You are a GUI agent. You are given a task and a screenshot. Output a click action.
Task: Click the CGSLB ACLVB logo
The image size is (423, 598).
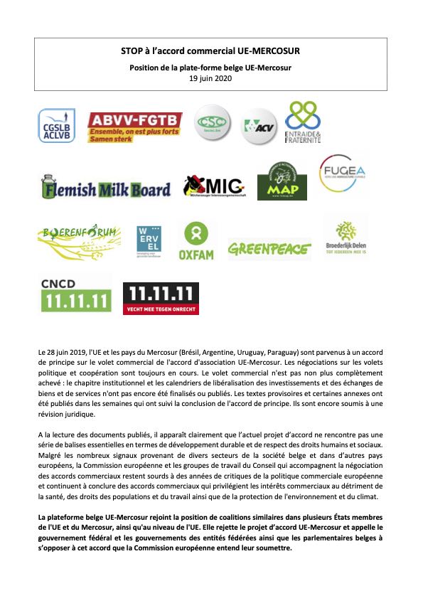56,126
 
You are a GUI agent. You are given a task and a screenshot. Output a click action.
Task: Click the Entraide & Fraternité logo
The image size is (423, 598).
303,123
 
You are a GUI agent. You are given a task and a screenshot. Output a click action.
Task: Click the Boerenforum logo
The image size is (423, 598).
78,242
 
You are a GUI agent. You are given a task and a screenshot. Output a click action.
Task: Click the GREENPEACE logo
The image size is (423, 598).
269,249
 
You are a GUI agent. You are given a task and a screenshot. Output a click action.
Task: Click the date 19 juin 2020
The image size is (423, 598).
212,78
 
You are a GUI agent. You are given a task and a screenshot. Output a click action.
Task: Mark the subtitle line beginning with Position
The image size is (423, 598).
211,68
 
